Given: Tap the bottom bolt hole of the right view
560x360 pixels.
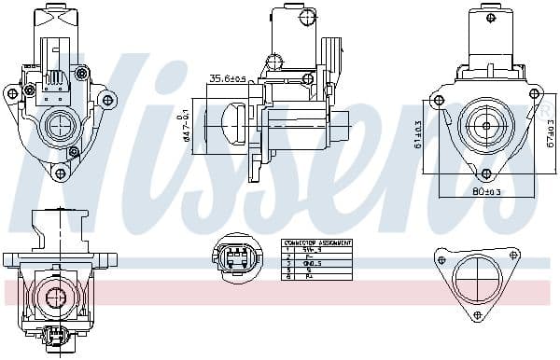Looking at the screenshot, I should point(484,173).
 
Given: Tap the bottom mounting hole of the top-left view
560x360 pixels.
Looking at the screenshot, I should point(60,173).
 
